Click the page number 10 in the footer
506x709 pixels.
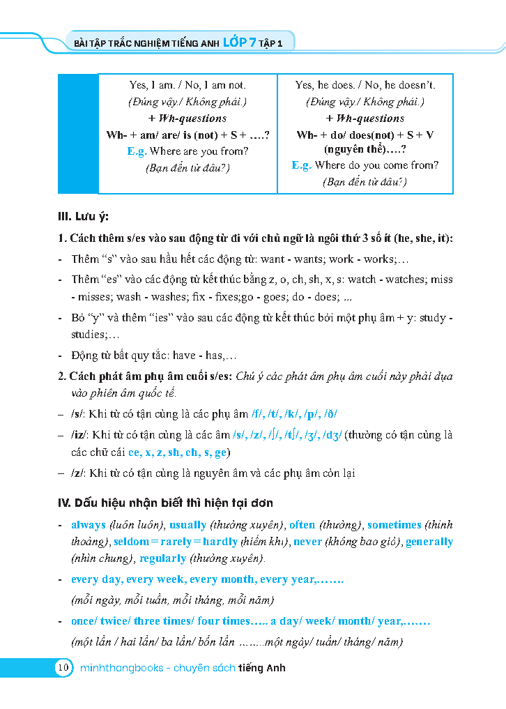[x=63, y=668]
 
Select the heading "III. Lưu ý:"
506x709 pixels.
[x=83, y=216]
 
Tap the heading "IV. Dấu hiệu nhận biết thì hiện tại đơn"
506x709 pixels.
[x=165, y=503]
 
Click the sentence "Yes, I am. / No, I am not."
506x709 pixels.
[x=187, y=85]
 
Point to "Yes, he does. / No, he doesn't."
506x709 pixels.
[x=365, y=85]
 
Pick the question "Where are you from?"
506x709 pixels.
[x=199, y=151]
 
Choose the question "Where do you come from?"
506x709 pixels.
[x=376, y=165]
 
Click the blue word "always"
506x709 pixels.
[x=89, y=525]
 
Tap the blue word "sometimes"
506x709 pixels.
[x=394, y=525]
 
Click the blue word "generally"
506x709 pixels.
[x=429, y=542]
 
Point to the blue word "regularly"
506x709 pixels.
[x=162, y=558]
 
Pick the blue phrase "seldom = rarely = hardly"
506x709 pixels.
[x=176, y=542]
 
